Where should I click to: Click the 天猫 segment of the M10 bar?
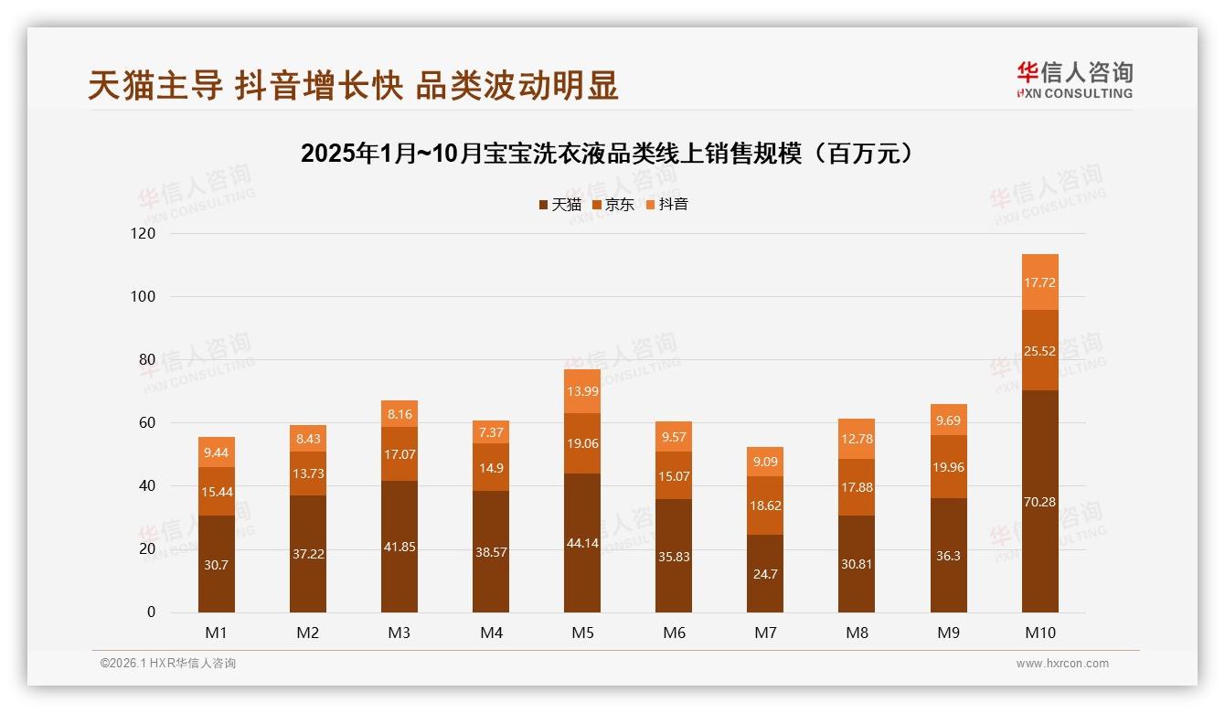coord(1039,501)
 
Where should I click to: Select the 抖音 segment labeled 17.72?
coord(1039,282)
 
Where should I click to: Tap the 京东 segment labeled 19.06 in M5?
coord(582,443)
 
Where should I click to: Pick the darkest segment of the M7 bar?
coord(765,573)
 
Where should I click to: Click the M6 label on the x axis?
coord(674,633)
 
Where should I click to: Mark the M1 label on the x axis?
coord(217,633)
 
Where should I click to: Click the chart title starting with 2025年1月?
coord(608,154)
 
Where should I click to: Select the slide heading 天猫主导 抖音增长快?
coord(353,85)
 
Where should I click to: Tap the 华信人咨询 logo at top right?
coord(1074,80)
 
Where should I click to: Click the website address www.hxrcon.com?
coord(1062,664)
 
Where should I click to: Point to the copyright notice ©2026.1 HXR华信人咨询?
coord(168,664)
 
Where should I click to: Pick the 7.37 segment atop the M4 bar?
coord(491,431)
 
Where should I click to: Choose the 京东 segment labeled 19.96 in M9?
coord(948,467)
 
